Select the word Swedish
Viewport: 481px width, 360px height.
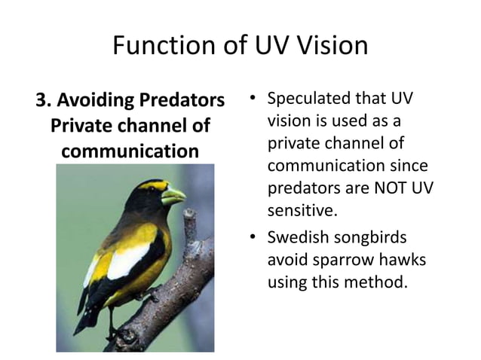click(299, 238)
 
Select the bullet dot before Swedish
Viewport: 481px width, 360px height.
click(252, 239)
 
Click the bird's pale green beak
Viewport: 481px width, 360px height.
click(173, 196)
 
